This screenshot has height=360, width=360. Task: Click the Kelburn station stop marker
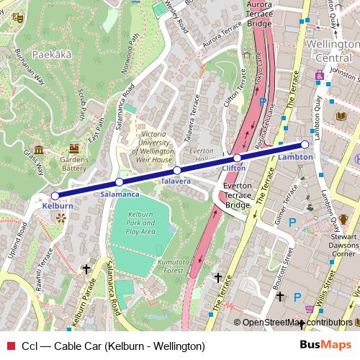(55, 195)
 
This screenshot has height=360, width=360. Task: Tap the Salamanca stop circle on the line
(120, 182)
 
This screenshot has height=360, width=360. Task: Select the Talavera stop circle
(176, 171)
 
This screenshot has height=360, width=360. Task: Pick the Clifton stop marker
(237, 158)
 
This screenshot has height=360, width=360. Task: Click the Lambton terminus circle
(305, 145)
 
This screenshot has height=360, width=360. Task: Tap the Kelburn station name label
(58, 206)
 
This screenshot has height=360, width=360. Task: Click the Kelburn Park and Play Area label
(141, 223)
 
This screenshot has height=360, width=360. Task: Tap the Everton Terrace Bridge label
(237, 196)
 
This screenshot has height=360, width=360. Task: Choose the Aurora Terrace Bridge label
(258, 14)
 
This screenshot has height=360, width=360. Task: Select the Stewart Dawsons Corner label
(345, 245)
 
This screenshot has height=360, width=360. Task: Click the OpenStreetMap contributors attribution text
(297, 323)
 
